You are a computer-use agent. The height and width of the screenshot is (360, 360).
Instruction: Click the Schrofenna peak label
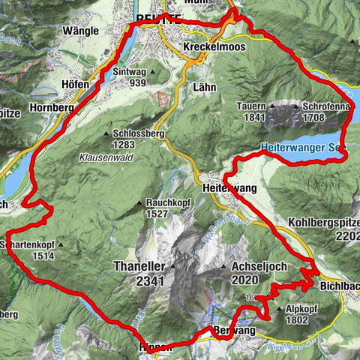(326, 106)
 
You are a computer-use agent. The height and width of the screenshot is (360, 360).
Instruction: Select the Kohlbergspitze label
(322, 223)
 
